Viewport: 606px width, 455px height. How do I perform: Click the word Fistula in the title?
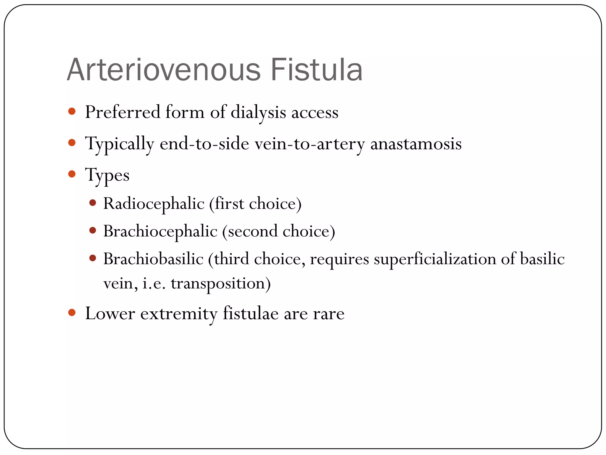316,70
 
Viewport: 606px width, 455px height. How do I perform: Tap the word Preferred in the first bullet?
123,112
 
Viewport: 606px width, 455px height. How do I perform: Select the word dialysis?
258,113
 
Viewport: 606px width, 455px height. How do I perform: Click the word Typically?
120,144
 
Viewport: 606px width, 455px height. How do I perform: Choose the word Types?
107,175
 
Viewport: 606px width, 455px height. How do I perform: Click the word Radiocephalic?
154,204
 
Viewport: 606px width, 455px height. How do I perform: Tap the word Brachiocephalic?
160,231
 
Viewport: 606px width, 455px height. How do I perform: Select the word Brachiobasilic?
153,259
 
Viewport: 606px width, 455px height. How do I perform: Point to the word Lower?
110,313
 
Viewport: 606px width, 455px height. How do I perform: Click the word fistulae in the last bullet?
250,313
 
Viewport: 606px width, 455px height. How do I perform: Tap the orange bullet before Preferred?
72,112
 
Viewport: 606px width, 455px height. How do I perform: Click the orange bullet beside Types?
72,174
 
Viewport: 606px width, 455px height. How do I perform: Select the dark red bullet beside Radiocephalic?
93,203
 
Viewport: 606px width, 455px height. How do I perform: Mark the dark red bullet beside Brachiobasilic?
93,258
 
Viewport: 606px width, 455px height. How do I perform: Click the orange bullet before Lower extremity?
72,313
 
